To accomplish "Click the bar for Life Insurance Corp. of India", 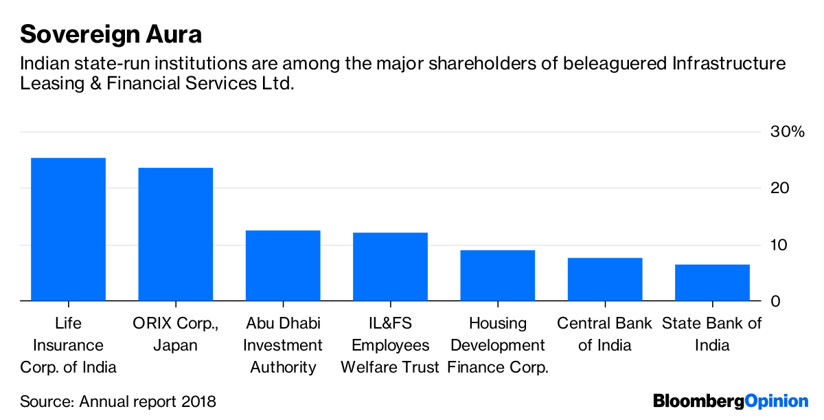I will coord(68,230).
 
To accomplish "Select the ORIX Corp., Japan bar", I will coord(175,234).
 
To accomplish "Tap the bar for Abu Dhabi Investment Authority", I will coord(283,265).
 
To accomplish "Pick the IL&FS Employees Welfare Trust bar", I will coord(390,267).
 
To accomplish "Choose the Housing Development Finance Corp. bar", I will coord(497,276).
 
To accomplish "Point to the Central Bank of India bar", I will coord(605,279).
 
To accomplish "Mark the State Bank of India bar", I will coord(712,283).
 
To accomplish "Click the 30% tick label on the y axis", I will coord(786,132).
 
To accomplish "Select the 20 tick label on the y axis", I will coord(779,188).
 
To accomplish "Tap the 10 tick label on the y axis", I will coord(779,245).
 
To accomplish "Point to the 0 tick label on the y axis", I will coord(775,301).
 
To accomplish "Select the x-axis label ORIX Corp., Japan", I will coord(175,334).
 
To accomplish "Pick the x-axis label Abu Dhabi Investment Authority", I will coord(283,345).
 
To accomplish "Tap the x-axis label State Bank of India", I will coord(712,334).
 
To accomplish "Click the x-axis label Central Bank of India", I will coord(605,334).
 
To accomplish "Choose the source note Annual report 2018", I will coord(118,401).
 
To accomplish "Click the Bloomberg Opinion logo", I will coord(731,401).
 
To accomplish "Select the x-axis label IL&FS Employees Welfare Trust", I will coord(390,345).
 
